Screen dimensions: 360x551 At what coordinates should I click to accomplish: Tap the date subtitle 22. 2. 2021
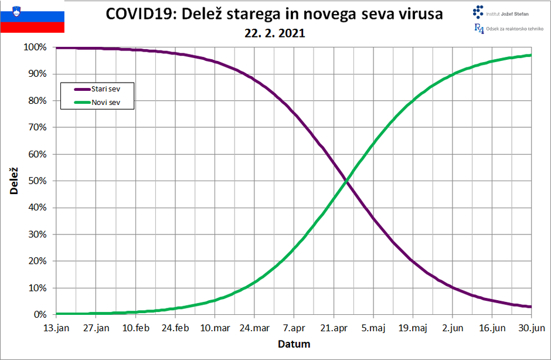click(x=275, y=33)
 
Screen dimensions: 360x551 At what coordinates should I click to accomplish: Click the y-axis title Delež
click(x=13, y=181)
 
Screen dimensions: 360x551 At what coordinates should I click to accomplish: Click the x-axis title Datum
click(x=294, y=344)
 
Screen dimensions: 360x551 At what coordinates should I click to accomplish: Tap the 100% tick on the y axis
click(x=35, y=47)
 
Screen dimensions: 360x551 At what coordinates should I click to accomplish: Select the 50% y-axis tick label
click(x=38, y=181)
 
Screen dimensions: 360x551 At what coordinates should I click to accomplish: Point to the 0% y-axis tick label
click(x=40, y=315)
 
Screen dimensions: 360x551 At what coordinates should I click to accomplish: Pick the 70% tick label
click(x=38, y=127)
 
